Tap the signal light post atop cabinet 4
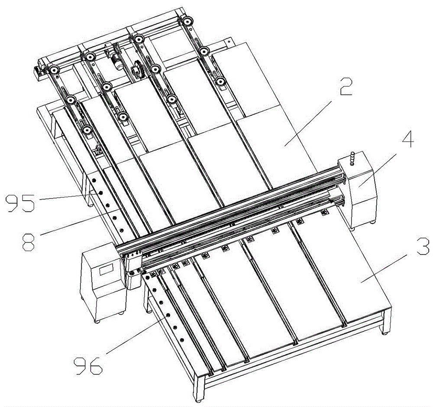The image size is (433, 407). coord(352,159)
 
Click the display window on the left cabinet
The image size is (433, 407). coord(107,269)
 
